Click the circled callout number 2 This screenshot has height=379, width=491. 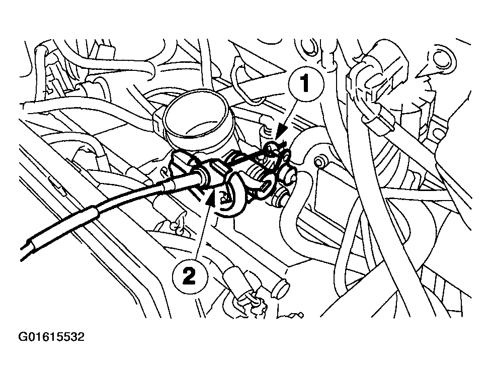[188, 275]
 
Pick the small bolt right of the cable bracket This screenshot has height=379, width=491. [317, 162]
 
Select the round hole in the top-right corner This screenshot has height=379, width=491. [442, 59]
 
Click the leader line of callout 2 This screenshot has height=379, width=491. [201, 231]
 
